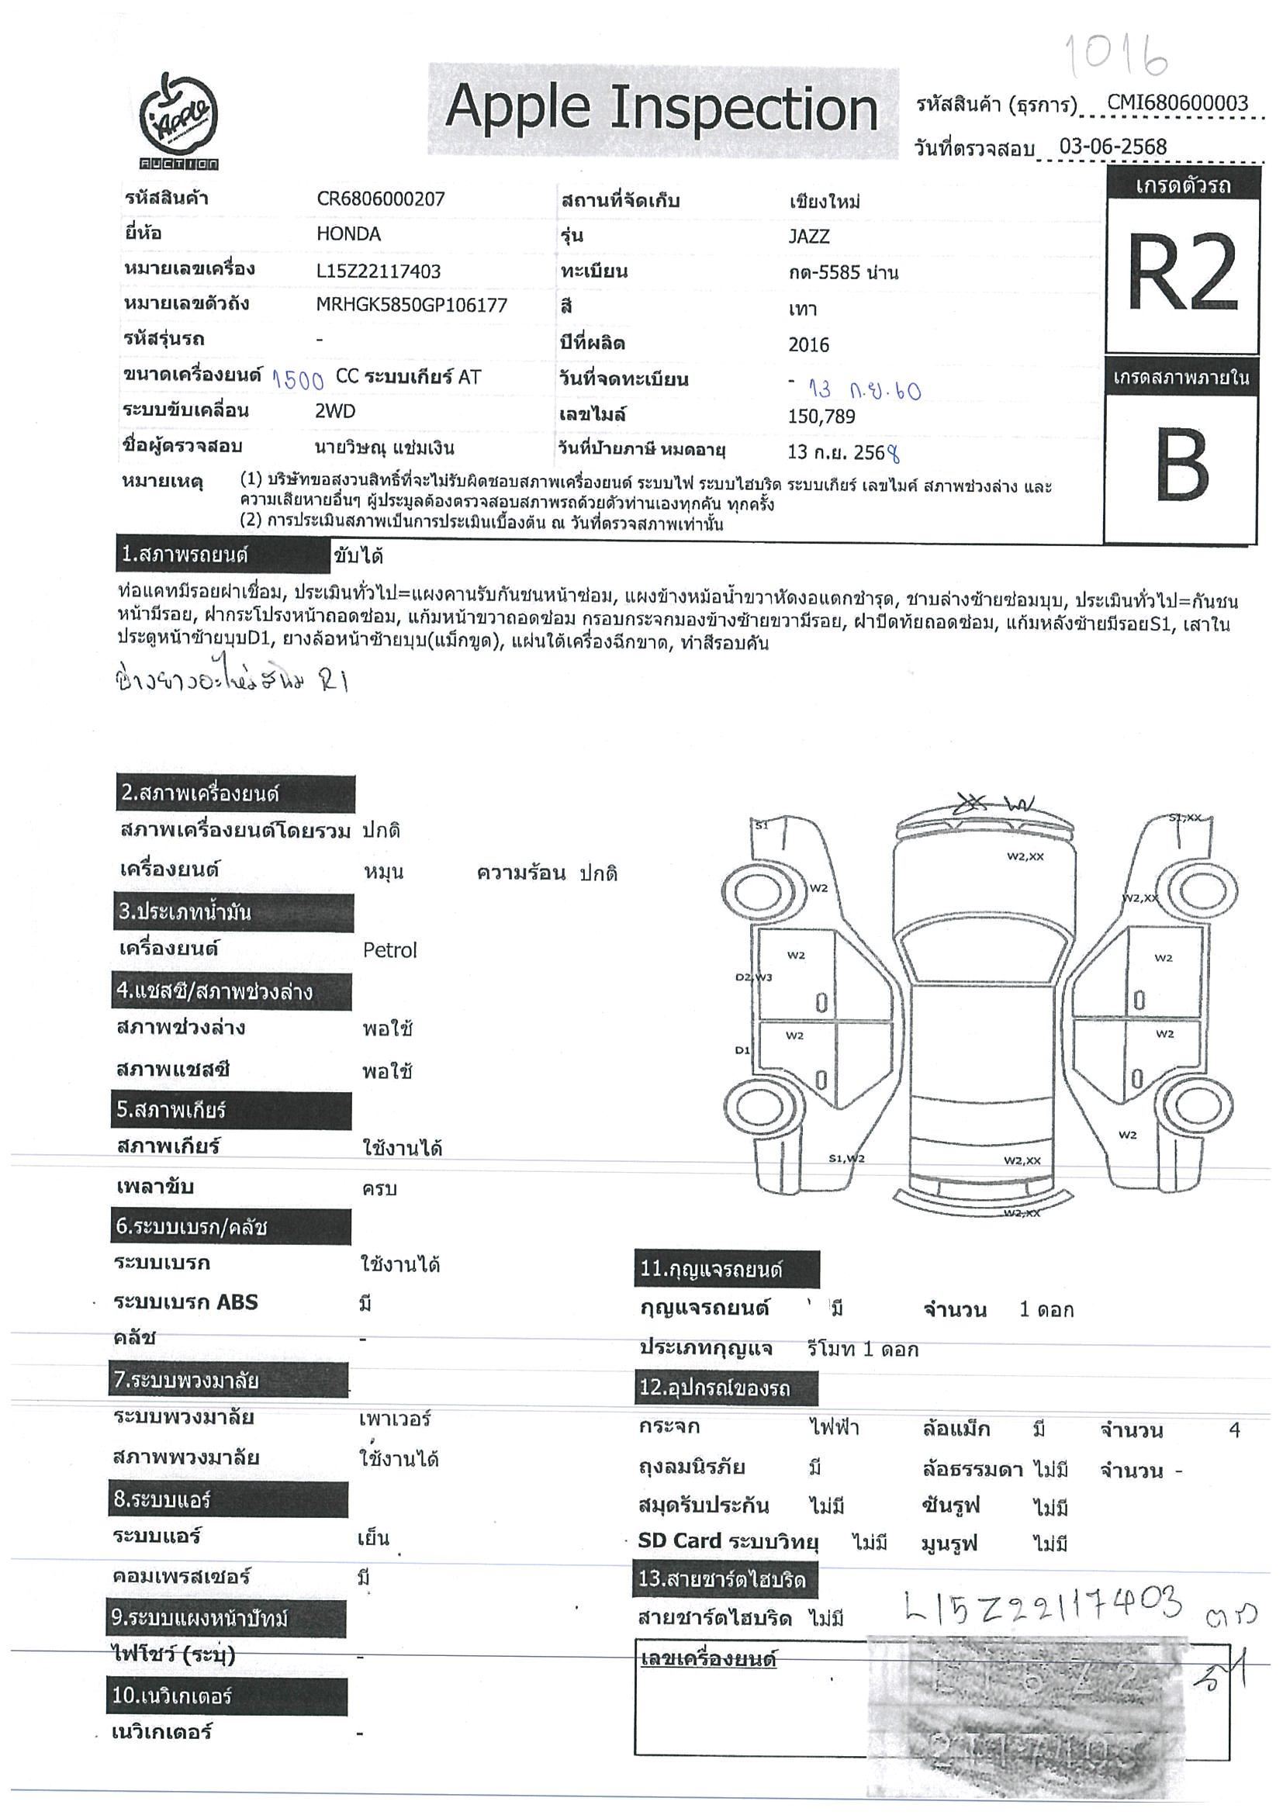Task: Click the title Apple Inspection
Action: [662, 109]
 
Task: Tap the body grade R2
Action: [1181, 274]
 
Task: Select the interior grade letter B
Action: [1181, 465]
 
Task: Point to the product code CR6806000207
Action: [380, 199]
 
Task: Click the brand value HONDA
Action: [348, 234]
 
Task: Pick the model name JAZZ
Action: [809, 237]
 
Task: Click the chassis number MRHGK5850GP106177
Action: [411, 305]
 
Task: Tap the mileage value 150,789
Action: [821, 417]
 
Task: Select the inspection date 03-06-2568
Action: [1113, 147]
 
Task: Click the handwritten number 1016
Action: [1116, 55]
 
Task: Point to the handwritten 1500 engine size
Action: [298, 380]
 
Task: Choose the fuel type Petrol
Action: [389, 950]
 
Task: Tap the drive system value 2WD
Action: [335, 411]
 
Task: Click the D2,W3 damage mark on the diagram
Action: [753, 977]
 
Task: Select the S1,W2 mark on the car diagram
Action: [846, 1159]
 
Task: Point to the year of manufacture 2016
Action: [809, 344]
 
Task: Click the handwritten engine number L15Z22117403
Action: [1043, 1604]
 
